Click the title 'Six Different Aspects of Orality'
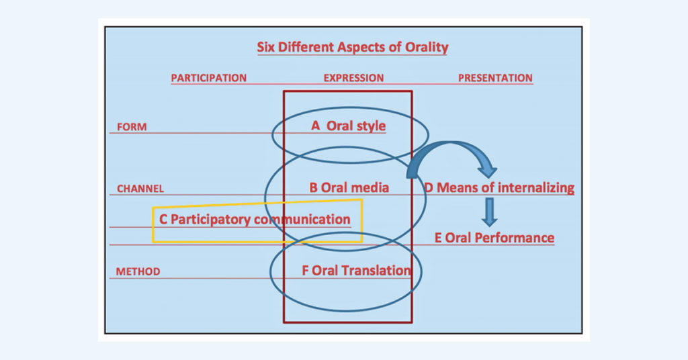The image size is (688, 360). (353, 48)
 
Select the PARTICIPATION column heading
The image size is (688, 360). (208, 78)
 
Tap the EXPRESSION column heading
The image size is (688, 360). (353, 78)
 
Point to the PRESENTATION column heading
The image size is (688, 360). (495, 78)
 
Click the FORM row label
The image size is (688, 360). (132, 127)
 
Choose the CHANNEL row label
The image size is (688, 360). (140, 189)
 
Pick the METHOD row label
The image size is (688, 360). (138, 272)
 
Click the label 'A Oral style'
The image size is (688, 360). (349, 126)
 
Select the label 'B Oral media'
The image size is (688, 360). (349, 187)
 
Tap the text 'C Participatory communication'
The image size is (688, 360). (255, 220)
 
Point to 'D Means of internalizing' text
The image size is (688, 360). (499, 187)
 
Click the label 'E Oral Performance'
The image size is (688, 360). (494, 238)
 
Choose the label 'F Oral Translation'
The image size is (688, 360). (356, 271)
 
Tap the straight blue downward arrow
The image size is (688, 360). (490, 211)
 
